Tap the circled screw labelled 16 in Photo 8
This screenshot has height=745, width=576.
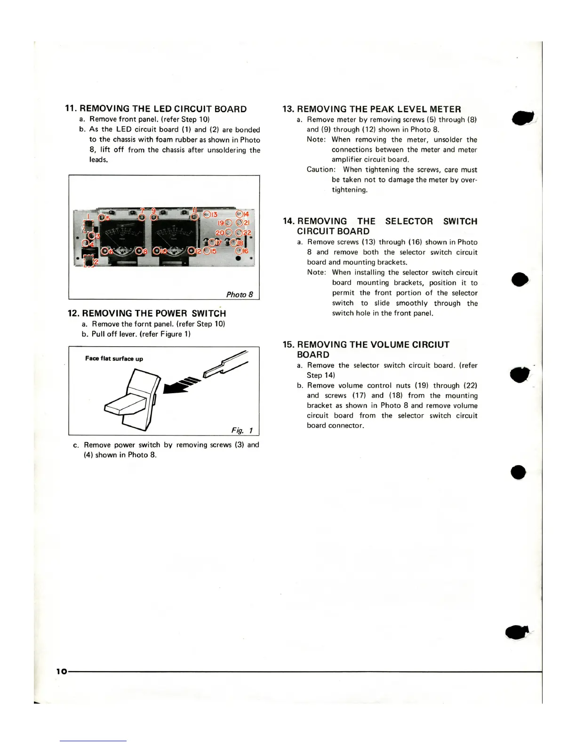pyautogui.click(x=239, y=251)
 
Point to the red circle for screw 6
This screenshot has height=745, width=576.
pyautogui.click(x=105, y=251)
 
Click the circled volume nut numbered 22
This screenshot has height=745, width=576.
pyautogui.click(x=240, y=232)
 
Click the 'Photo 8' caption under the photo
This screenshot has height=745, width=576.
pyautogui.click(x=240, y=294)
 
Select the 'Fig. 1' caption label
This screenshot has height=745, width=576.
pyautogui.click(x=242, y=430)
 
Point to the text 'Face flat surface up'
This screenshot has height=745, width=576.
pyautogui.click(x=114, y=358)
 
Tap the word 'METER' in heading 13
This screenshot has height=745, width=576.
pyautogui.click(x=445, y=109)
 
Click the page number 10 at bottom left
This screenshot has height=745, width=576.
pyautogui.click(x=62, y=672)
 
